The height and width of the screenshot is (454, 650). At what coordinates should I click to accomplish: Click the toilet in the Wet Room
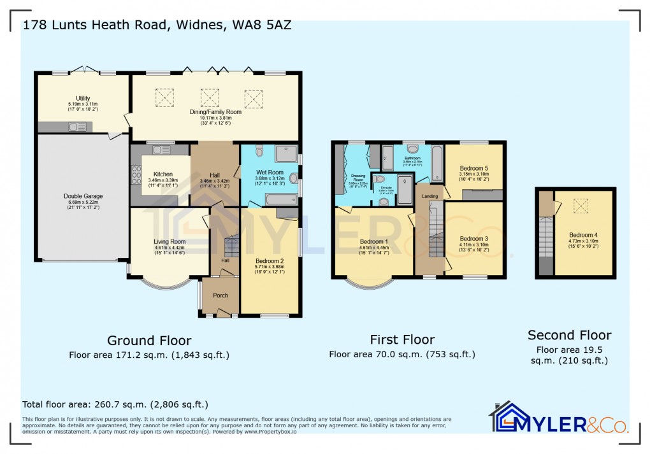[259, 150]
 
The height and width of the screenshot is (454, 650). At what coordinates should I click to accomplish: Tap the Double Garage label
[83, 196]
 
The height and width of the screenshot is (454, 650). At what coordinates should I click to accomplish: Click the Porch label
[220, 295]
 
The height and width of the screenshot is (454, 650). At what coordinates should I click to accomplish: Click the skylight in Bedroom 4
[581, 206]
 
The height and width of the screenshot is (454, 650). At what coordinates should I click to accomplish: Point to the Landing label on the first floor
[430, 196]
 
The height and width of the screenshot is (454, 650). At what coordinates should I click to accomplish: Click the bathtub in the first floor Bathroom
[437, 164]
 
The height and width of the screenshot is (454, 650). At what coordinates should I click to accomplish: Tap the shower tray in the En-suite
[405, 190]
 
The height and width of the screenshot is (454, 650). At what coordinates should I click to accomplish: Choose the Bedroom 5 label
[474, 168]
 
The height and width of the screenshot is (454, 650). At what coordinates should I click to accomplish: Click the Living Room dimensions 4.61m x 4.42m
[169, 248]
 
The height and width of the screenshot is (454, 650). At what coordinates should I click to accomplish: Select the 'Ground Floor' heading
[149, 341]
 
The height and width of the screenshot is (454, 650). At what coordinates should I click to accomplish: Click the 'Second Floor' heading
[569, 335]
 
